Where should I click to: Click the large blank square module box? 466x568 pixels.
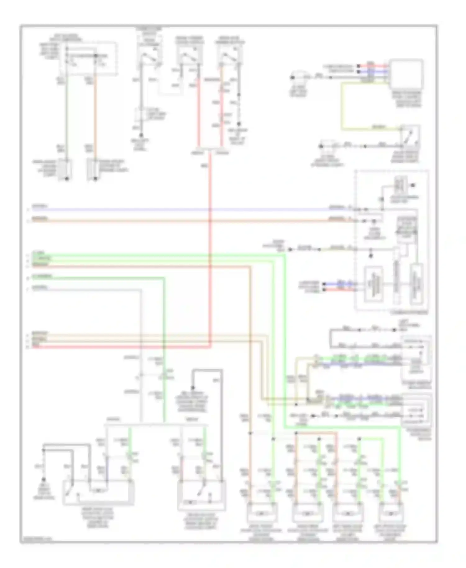pyautogui.click(x=406, y=75)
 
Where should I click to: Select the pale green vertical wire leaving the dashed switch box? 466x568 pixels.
pyautogui.click(x=66, y=118)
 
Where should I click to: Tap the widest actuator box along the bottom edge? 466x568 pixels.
pyautogui.click(x=98, y=492)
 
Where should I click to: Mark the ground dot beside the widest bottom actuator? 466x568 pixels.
pyautogui.click(x=43, y=479)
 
